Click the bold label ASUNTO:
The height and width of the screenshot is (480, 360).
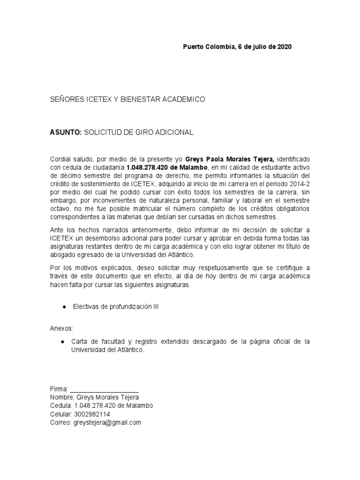(66, 133)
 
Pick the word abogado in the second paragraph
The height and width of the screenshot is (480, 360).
(61, 255)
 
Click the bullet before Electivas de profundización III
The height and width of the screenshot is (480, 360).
(63, 307)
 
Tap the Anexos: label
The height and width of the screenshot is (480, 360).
(61, 328)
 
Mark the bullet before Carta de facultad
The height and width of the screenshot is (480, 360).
(63, 342)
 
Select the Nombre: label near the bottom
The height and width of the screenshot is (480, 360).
(61, 397)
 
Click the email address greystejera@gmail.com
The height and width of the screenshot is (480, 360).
(107, 422)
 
